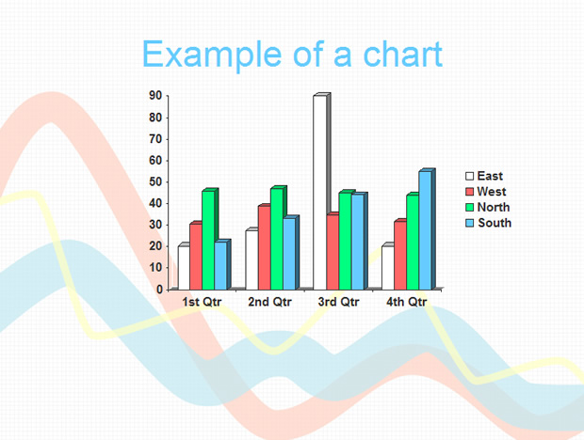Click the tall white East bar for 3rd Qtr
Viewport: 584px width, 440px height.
click(x=320, y=193)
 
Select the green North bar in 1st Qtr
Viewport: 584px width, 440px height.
click(x=208, y=240)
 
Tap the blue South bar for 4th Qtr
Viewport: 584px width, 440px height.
click(x=426, y=230)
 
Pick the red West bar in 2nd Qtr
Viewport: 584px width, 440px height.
click(x=265, y=247)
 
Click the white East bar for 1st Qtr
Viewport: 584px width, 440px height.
click(x=184, y=268)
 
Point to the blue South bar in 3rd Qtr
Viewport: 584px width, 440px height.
click(x=358, y=242)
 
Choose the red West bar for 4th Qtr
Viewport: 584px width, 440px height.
click(x=400, y=256)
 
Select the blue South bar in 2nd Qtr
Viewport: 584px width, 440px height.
click(x=289, y=254)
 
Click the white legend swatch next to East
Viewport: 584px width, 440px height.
click(x=469, y=176)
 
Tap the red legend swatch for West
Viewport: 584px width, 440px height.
click(x=469, y=192)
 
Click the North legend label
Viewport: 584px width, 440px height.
click(x=494, y=207)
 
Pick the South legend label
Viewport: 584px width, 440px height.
click(x=495, y=223)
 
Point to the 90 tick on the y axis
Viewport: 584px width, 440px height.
click(x=155, y=96)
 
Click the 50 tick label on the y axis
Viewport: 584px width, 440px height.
click(x=155, y=182)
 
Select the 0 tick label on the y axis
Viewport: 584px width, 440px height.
click(x=159, y=290)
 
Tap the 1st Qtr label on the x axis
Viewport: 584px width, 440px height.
click(x=202, y=302)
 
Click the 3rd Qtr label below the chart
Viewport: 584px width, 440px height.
click(x=338, y=302)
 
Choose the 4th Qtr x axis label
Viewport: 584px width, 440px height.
click(x=406, y=302)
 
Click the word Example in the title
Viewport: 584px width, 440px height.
click(x=212, y=55)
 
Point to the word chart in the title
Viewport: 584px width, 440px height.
click(x=402, y=55)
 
